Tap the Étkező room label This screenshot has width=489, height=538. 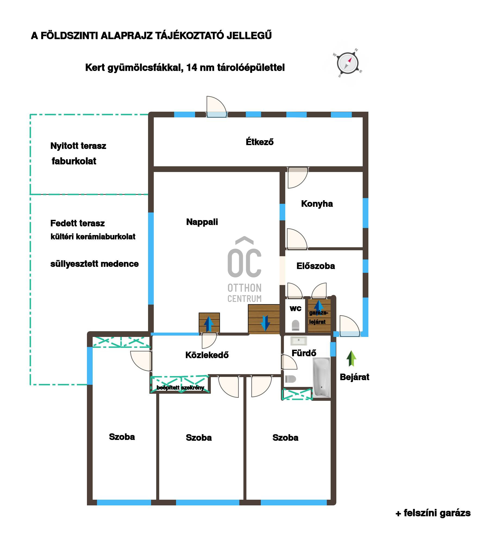click(x=259, y=142)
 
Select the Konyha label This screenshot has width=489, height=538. click(x=317, y=204)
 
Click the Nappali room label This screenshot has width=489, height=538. click(x=202, y=222)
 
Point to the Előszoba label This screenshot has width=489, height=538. click(x=316, y=266)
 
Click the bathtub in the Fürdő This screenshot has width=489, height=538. click(x=322, y=378)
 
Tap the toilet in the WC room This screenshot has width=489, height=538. click(x=295, y=325)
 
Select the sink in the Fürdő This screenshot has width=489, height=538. click(x=299, y=341)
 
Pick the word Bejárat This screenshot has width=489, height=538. click(x=355, y=377)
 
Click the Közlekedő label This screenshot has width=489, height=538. click(x=207, y=355)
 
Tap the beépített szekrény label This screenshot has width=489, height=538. click(x=180, y=388)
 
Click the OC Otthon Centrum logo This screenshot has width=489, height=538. click(x=244, y=270)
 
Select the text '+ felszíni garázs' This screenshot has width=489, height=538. click(x=433, y=513)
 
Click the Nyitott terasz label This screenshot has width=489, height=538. click(x=78, y=146)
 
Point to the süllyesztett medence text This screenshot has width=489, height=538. click(x=95, y=264)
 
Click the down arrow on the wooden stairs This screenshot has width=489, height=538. click(x=265, y=323)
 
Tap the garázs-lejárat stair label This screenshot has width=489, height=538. click(x=318, y=317)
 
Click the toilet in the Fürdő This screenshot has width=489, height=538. click(x=290, y=379)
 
